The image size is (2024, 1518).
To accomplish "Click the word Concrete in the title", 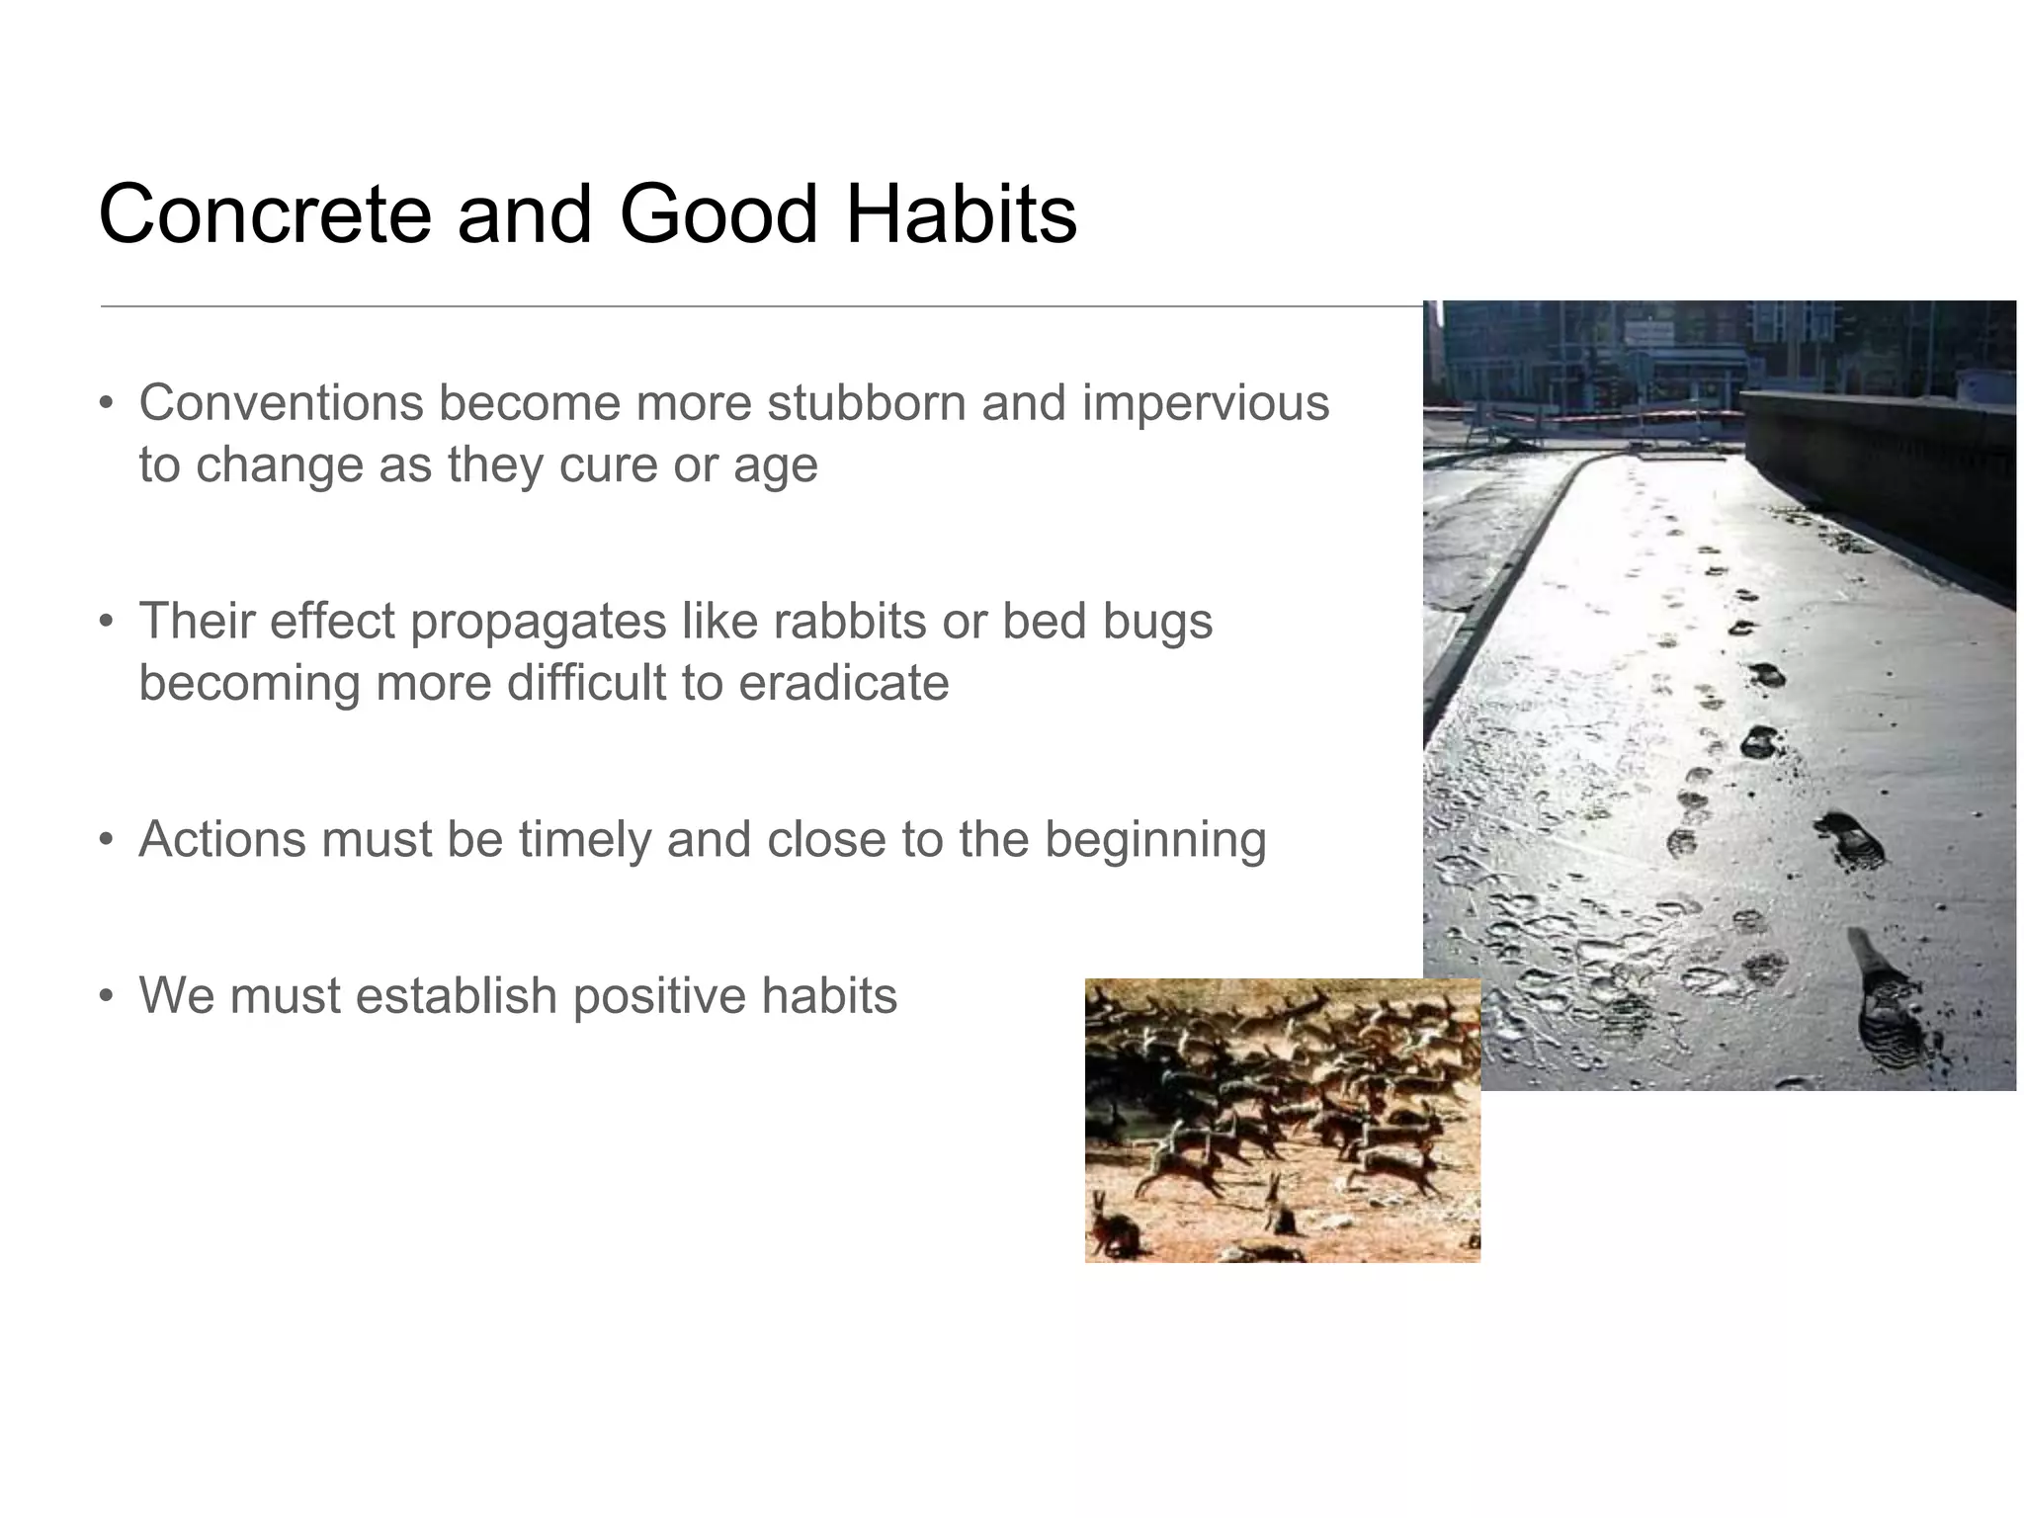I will coord(265,214).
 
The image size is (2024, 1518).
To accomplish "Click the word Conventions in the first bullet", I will coord(280,403).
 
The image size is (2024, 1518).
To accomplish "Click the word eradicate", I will coord(843,683).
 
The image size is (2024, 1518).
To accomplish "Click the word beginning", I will coord(1154,839).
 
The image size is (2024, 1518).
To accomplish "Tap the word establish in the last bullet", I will coord(458,995).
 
